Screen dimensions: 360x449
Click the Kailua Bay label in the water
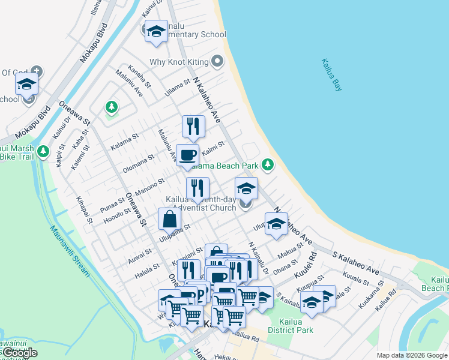click(x=331, y=74)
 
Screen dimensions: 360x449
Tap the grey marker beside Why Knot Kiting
click(x=217, y=62)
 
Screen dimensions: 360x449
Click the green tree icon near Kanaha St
click(x=111, y=107)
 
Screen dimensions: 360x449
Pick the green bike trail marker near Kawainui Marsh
click(x=43, y=151)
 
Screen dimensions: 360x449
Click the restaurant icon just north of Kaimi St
click(x=193, y=126)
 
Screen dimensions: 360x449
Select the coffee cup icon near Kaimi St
click(x=187, y=155)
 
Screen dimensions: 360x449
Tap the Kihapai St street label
click(x=85, y=209)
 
